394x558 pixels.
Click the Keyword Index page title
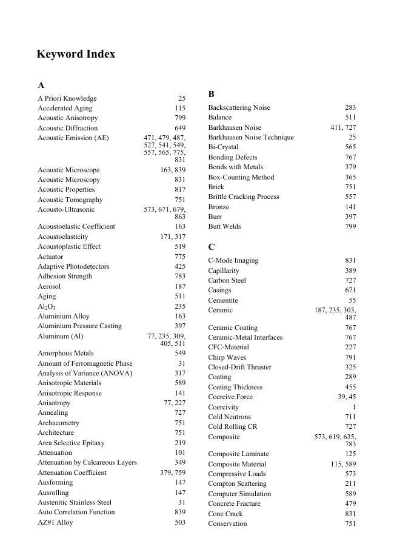click(x=76, y=54)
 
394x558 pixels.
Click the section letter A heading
click(x=41, y=86)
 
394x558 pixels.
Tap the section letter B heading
click(x=212, y=94)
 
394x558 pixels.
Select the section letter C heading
click(x=212, y=247)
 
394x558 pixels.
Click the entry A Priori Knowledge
click(x=67, y=98)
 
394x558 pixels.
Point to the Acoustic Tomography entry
click(x=70, y=200)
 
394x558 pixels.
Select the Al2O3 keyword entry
click(x=47, y=306)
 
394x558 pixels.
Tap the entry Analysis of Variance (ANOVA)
click(x=84, y=373)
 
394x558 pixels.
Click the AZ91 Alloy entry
click(x=55, y=522)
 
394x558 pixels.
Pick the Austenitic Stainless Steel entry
click(x=75, y=502)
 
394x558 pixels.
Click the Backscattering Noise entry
click(x=239, y=107)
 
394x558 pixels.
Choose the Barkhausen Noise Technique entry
click(x=250, y=137)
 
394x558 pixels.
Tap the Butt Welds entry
click(x=224, y=226)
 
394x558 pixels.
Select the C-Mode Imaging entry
click(x=233, y=260)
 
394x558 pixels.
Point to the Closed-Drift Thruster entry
click(x=239, y=367)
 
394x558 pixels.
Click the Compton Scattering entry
click(x=237, y=483)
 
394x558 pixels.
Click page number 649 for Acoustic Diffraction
click(x=179, y=128)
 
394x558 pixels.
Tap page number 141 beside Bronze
click(x=350, y=207)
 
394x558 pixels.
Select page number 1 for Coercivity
click(x=354, y=407)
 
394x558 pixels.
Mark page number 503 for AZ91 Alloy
click(x=179, y=522)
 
